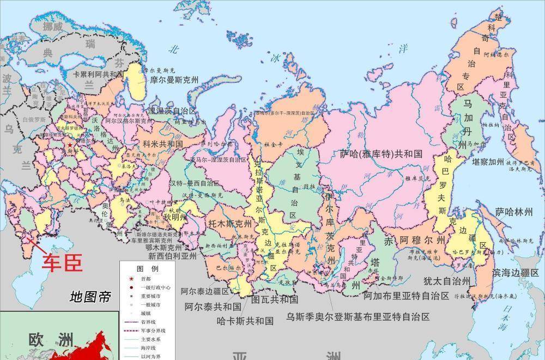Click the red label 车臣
[x=63, y=262]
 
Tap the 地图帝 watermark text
[x=90, y=297]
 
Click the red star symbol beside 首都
[x=131, y=278]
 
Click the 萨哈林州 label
[x=513, y=212]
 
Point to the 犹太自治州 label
[x=446, y=281]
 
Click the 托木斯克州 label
[x=230, y=224]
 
